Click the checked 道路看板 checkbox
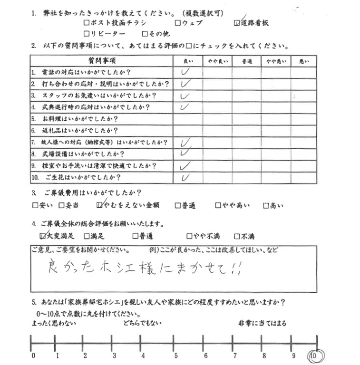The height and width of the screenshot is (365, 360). tap(237, 23)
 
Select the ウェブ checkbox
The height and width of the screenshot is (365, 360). tap(178, 23)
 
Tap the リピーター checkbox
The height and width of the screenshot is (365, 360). tap(87, 34)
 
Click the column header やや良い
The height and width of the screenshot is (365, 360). tap(217, 61)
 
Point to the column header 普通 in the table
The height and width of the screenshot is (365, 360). tap(247, 61)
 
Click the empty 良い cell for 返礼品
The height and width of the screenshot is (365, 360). tap(187, 131)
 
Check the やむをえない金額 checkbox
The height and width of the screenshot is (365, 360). tap(99, 206)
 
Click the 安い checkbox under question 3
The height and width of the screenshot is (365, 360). tap(35, 206)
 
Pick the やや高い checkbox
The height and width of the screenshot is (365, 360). tap(218, 206)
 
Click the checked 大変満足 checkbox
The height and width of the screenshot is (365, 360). tap(43, 236)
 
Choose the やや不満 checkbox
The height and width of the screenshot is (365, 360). tap(189, 236)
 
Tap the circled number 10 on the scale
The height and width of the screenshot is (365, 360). tap(315, 355)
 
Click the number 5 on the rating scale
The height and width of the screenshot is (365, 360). tap(175, 356)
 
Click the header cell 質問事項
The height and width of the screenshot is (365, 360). tap(102, 61)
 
